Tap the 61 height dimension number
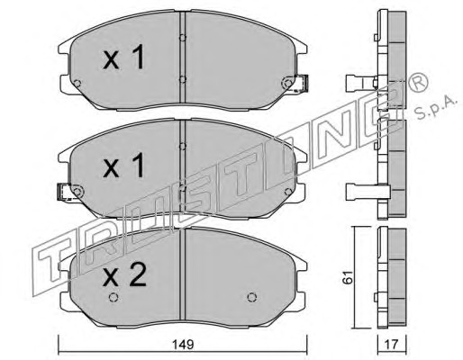pyautogui.click(x=348, y=277)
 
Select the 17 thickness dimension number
pyautogui.click(x=391, y=344)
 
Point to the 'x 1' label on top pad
pyautogui.click(x=123, y=57)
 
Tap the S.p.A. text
pyautogui.click(x=436, y=107)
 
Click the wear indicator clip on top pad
pyautogui.click(x=302, y=83)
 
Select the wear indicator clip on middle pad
pyautogui.click(x=64, y=192)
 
